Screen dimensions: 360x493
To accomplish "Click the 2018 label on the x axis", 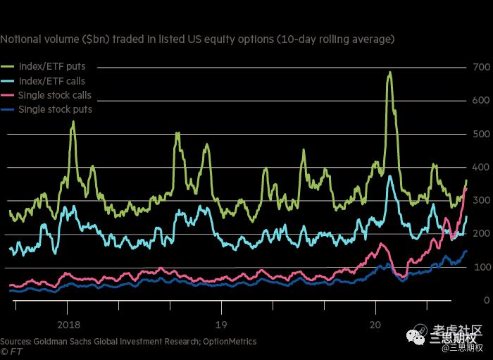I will (x=68, y=325).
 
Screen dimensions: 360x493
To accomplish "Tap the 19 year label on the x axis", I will (x=221, y=325).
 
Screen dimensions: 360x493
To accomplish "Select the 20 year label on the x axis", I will (x=375, y=325).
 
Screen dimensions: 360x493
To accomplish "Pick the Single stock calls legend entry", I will (x=55, y=95).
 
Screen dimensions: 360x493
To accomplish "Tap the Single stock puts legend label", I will (x=55, y=109).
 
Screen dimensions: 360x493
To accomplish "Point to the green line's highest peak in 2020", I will (x=389, y=72).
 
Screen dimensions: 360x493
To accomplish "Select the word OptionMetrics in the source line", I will (x=230, y=341).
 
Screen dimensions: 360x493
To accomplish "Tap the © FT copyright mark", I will (x=9, y=351).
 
